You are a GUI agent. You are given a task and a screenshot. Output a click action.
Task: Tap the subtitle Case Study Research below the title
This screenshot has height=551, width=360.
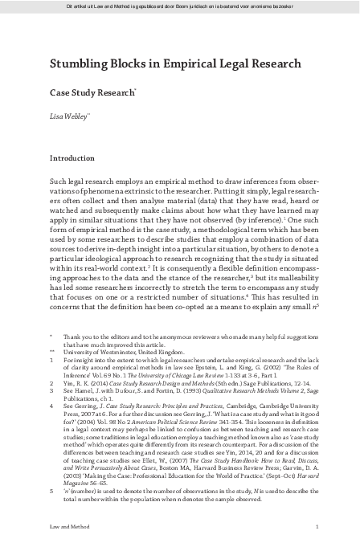pos(92,92)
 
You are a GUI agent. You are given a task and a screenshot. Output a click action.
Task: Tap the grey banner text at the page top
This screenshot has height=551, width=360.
pos(180,6)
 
